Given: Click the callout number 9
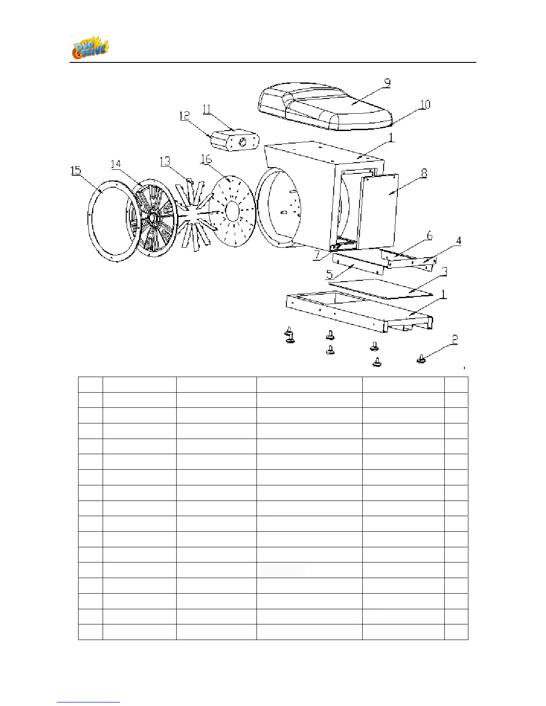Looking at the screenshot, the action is [387, 83].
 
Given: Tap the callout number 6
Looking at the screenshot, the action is [429, 236].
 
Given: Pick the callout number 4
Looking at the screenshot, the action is [458, 241].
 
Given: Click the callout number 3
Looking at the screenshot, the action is [444, 271].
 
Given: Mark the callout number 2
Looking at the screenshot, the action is [455, 340].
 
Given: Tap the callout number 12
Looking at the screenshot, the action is [185, 116].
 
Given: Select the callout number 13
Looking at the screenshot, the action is [165, 161].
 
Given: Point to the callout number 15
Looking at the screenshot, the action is [76, 170].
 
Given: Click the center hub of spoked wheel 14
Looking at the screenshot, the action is [152, 217].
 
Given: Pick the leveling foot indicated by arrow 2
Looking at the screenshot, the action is [421, 358].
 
